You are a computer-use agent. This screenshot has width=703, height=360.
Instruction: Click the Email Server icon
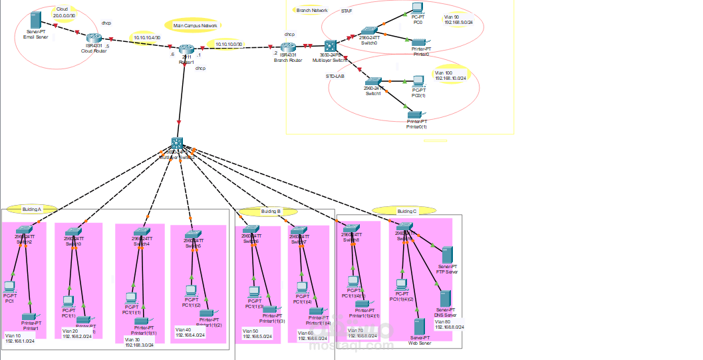36,20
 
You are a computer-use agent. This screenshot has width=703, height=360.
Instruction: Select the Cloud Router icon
94,39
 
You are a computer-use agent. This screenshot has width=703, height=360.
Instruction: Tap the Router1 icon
187,50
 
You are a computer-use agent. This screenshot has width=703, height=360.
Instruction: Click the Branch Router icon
288,49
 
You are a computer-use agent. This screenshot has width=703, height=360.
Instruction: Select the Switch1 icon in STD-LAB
373,82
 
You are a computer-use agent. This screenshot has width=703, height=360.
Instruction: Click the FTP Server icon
447,255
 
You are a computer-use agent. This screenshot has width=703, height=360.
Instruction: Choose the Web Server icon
419,327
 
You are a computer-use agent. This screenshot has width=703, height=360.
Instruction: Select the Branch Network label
312,11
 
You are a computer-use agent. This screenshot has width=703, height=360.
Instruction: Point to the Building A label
31,208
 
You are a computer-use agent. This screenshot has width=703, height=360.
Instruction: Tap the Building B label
271,211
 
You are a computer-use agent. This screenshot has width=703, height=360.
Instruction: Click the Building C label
406,211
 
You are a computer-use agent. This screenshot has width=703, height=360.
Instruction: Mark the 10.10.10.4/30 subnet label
146,38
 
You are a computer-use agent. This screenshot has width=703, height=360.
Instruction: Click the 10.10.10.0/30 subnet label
229,45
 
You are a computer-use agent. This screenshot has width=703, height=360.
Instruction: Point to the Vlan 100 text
444,73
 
